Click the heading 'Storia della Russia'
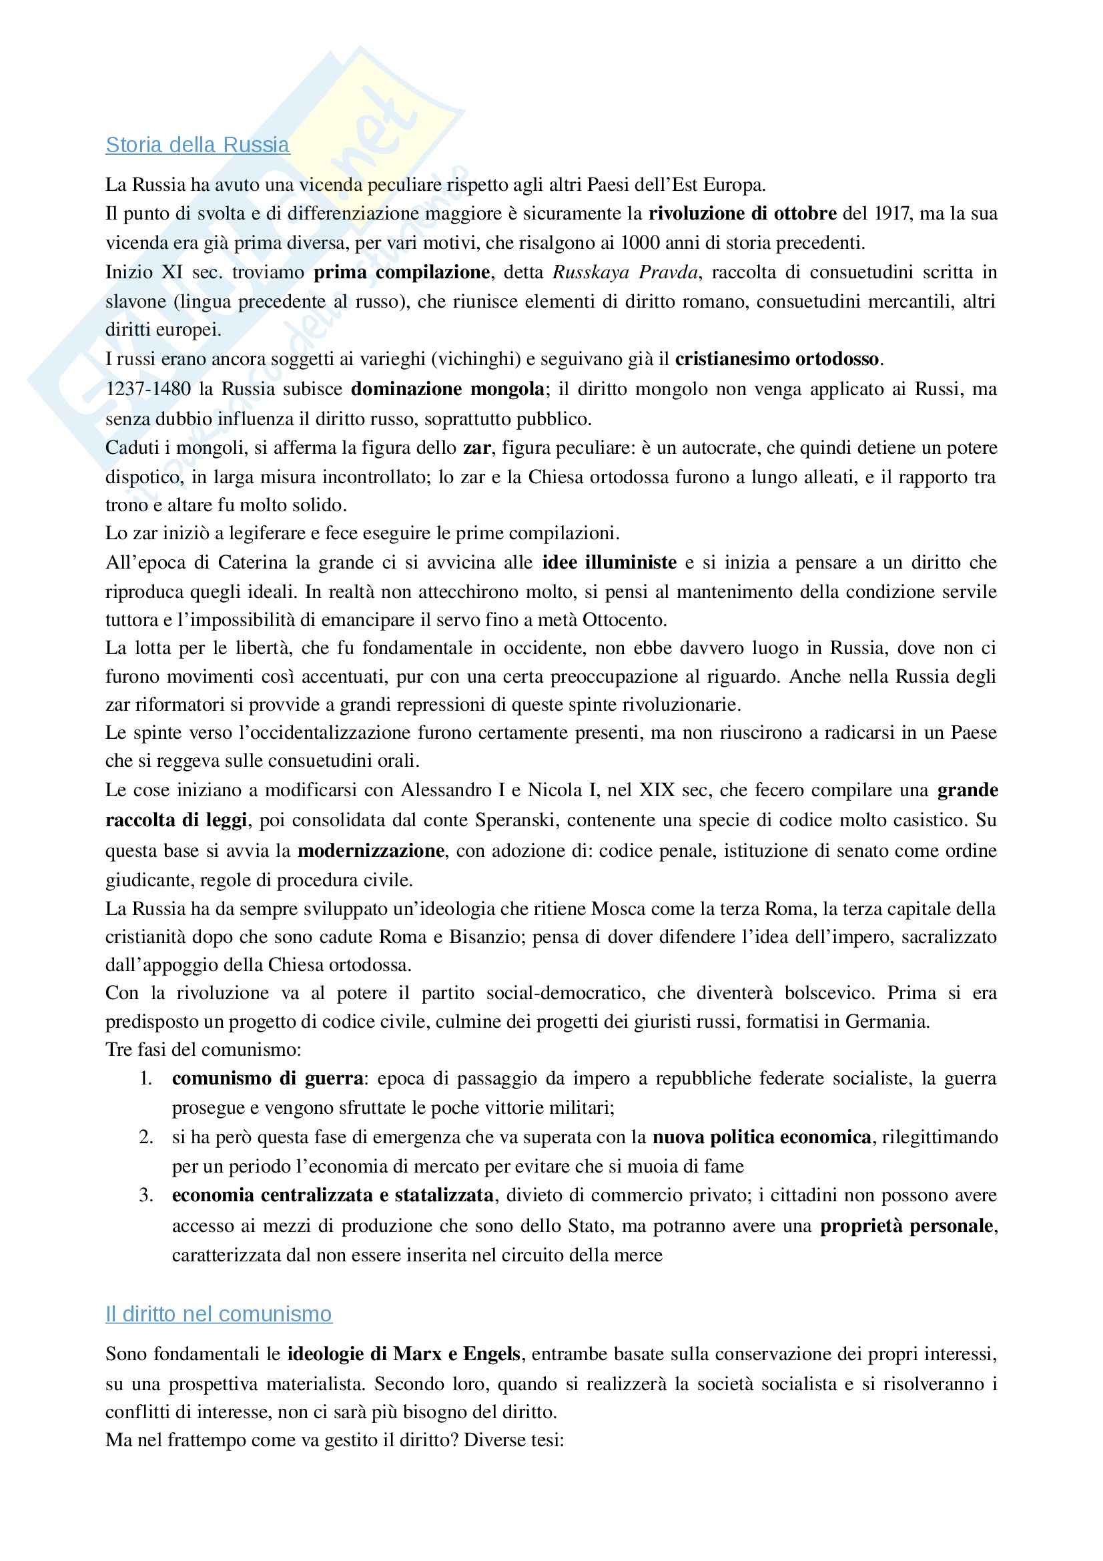[x=197, y=145]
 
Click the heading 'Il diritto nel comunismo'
[x=218, y=1314]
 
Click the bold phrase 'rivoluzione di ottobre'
[x=742, y=214]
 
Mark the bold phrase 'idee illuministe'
[x=609, y=563]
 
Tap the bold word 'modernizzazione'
[x=371, y=850]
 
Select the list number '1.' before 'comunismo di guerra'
[x=146, y=1079]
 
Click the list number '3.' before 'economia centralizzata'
[x=146, y=1196]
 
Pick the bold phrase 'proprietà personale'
[x=907, y=1226]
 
